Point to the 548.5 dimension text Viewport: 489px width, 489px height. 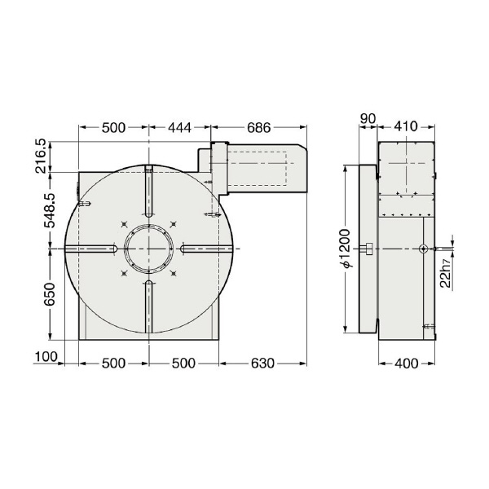pos(49,209)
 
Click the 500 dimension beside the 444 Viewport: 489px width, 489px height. pos(113,127)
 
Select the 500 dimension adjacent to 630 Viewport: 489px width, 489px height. pos(183,363)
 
